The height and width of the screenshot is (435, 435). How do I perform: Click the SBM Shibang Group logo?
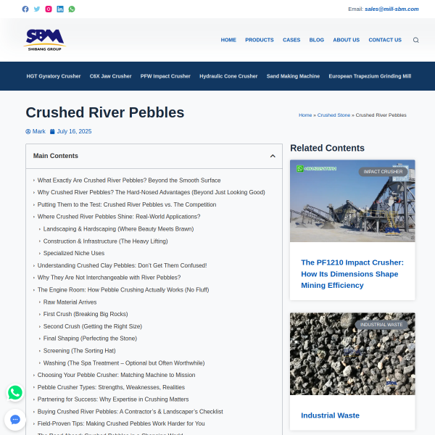coord(43,39)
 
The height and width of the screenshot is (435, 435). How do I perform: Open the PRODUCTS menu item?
coord(260,40)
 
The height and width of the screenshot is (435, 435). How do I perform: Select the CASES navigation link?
coord(291,40)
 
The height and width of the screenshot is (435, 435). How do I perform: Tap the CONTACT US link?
coord(385,40)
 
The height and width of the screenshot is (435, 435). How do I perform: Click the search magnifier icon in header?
coord(415,41)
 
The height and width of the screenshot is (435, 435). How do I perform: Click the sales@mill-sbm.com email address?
coord(391,9)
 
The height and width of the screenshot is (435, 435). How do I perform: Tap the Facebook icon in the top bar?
coord(25,9)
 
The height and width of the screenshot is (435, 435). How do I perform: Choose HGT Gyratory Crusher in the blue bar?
coord(54,76)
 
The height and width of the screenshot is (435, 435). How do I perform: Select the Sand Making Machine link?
coord(293,76)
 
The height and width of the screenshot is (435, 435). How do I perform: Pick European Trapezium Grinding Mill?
coord(370,76)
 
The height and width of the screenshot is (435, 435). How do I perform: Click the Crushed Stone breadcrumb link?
coord(333,115)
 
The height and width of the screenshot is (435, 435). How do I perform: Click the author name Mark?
coord(39,131)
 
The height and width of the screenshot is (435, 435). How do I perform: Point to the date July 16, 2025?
coord(74,131)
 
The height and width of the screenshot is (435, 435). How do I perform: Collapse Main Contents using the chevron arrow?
coord(273,156)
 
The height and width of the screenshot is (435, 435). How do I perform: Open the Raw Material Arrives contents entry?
coord(70,302)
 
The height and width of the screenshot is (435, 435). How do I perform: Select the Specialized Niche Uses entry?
coord(74,253)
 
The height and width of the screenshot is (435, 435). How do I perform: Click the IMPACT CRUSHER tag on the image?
coord(383,172)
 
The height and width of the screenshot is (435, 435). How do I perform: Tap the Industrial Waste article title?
coord(330,415)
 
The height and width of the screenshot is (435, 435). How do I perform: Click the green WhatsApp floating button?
coord(15,393)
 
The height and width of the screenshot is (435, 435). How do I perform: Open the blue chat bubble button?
coord(15,420)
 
